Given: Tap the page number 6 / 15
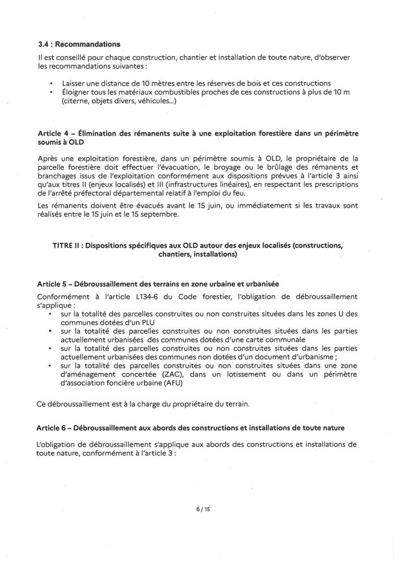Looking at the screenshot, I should point(201,509).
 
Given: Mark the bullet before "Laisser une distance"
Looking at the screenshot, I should point(52,84).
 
